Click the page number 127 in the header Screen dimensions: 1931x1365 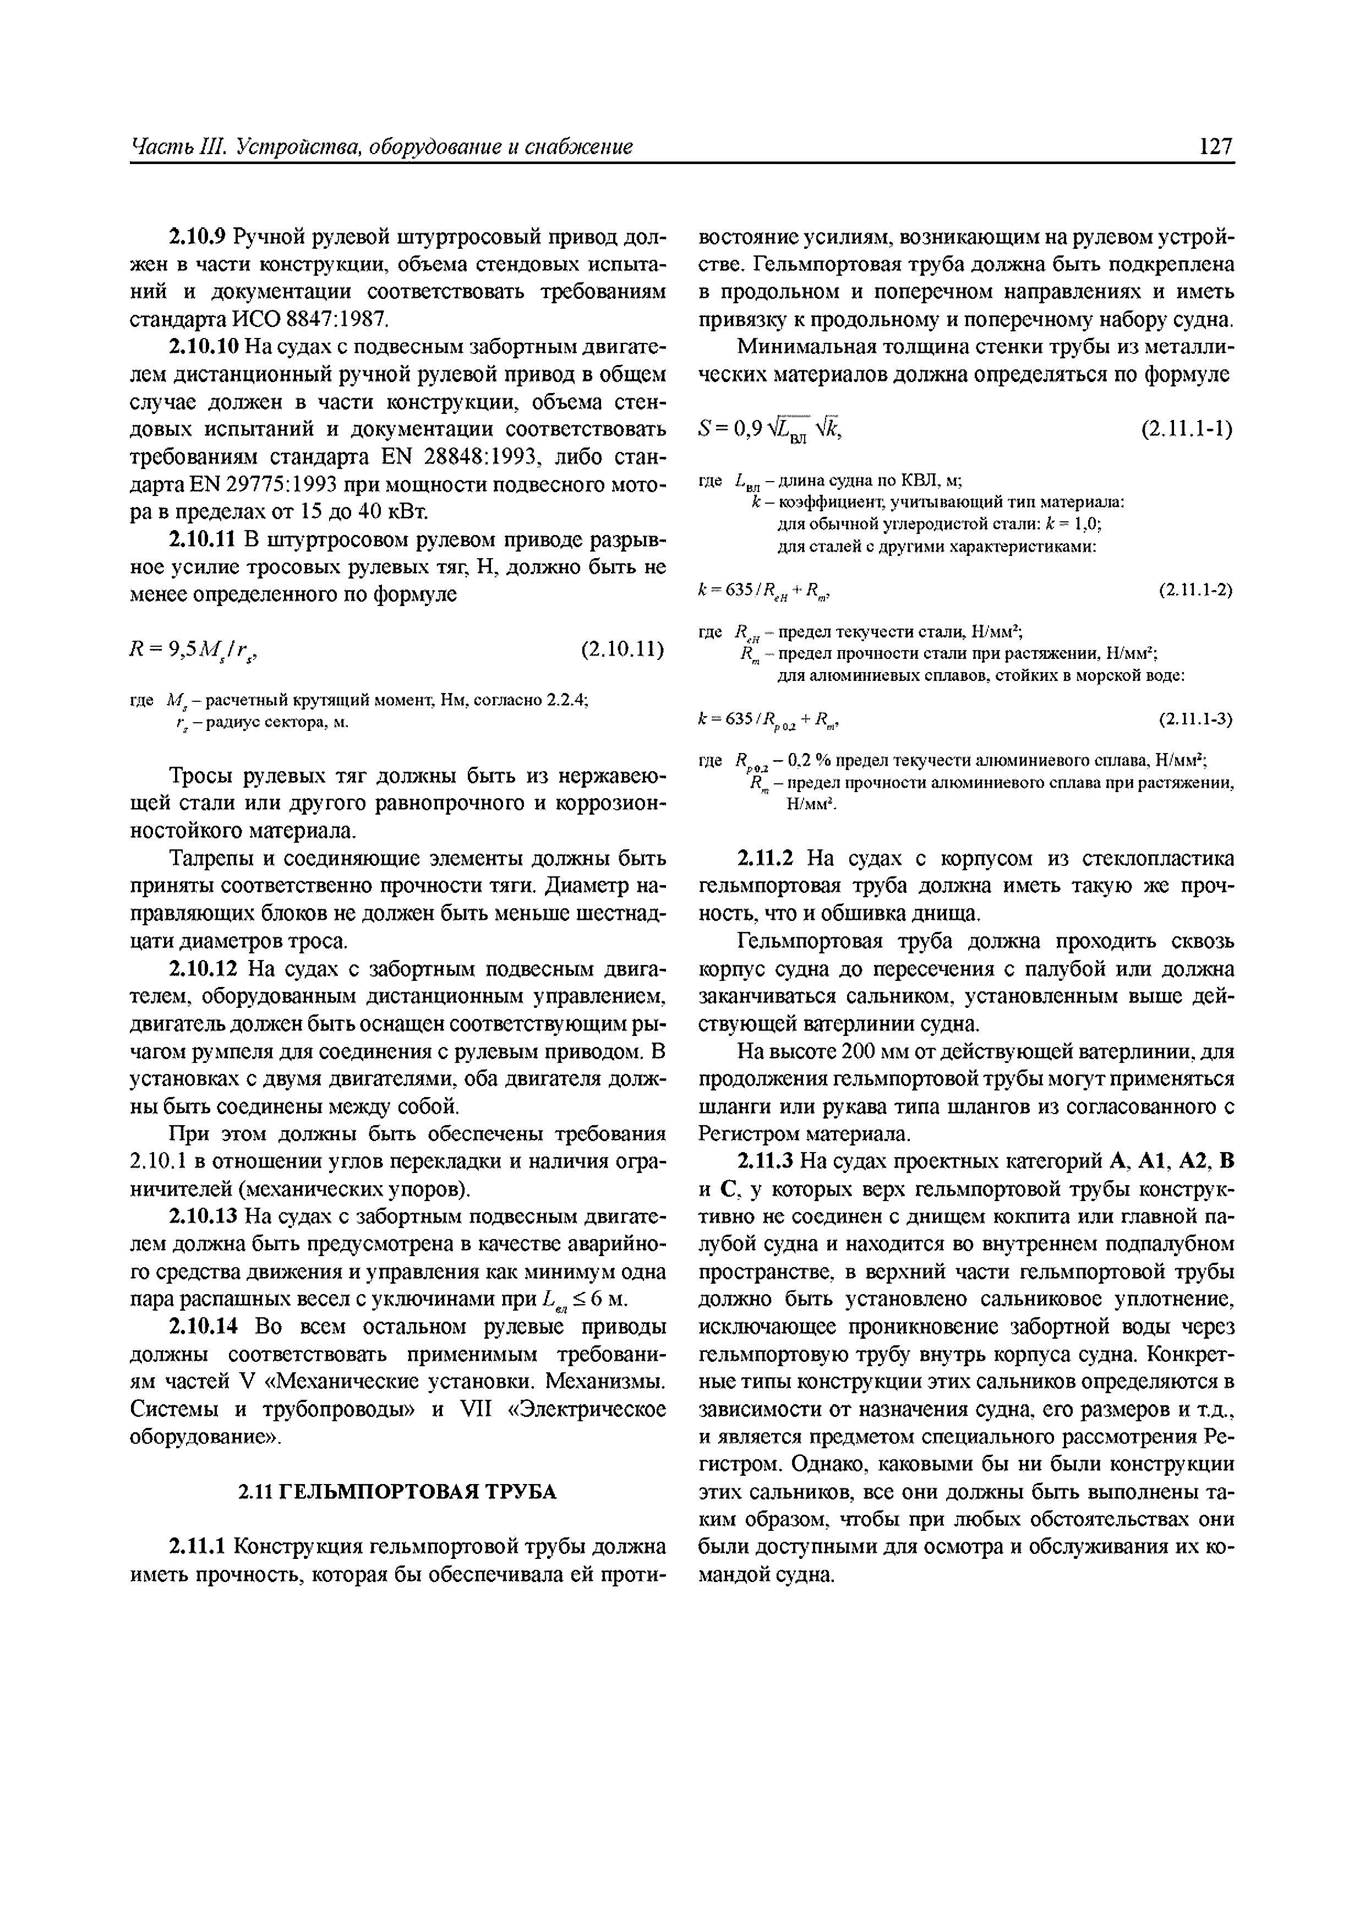(x=1216, y=147)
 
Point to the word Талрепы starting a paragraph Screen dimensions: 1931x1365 (x=207, y=859)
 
